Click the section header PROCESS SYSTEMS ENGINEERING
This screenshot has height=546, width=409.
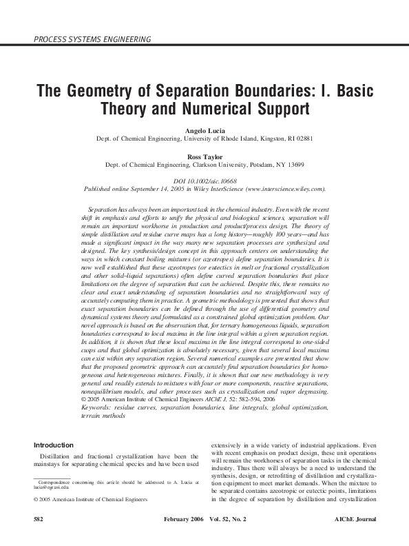(x=92, y=39)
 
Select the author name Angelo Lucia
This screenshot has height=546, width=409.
(x=204, y=130)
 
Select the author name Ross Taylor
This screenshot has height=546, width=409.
(x=204, y=157)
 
